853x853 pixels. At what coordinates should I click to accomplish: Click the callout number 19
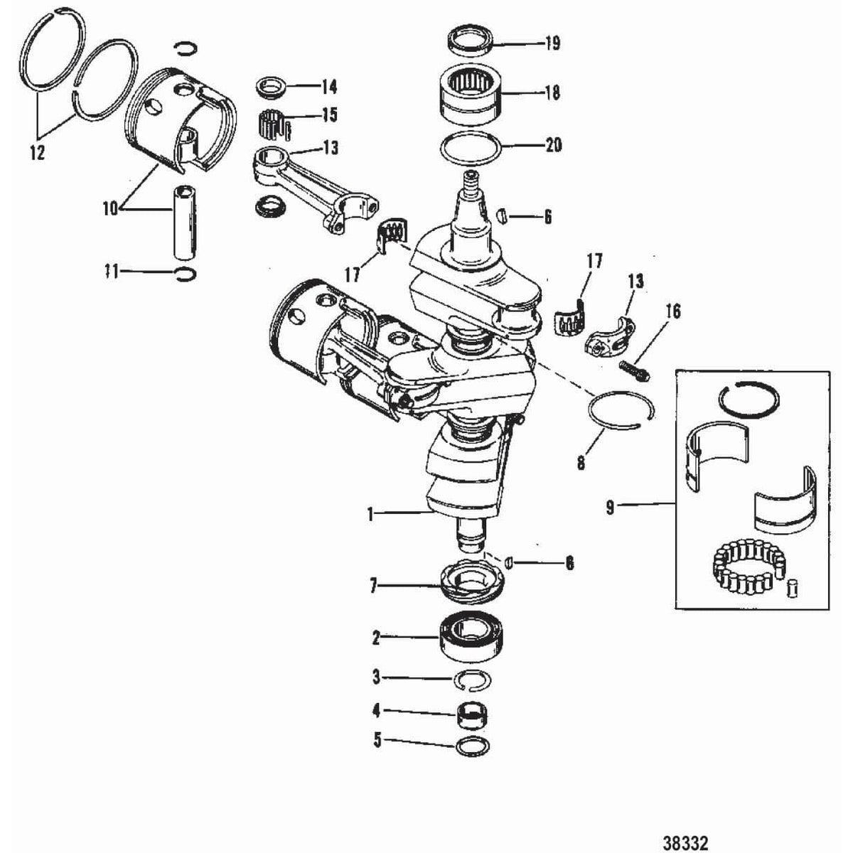tap(552, 43)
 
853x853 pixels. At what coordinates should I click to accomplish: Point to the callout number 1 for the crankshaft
tap(370, 514)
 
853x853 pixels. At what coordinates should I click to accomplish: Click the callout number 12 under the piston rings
tap(37, 152)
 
